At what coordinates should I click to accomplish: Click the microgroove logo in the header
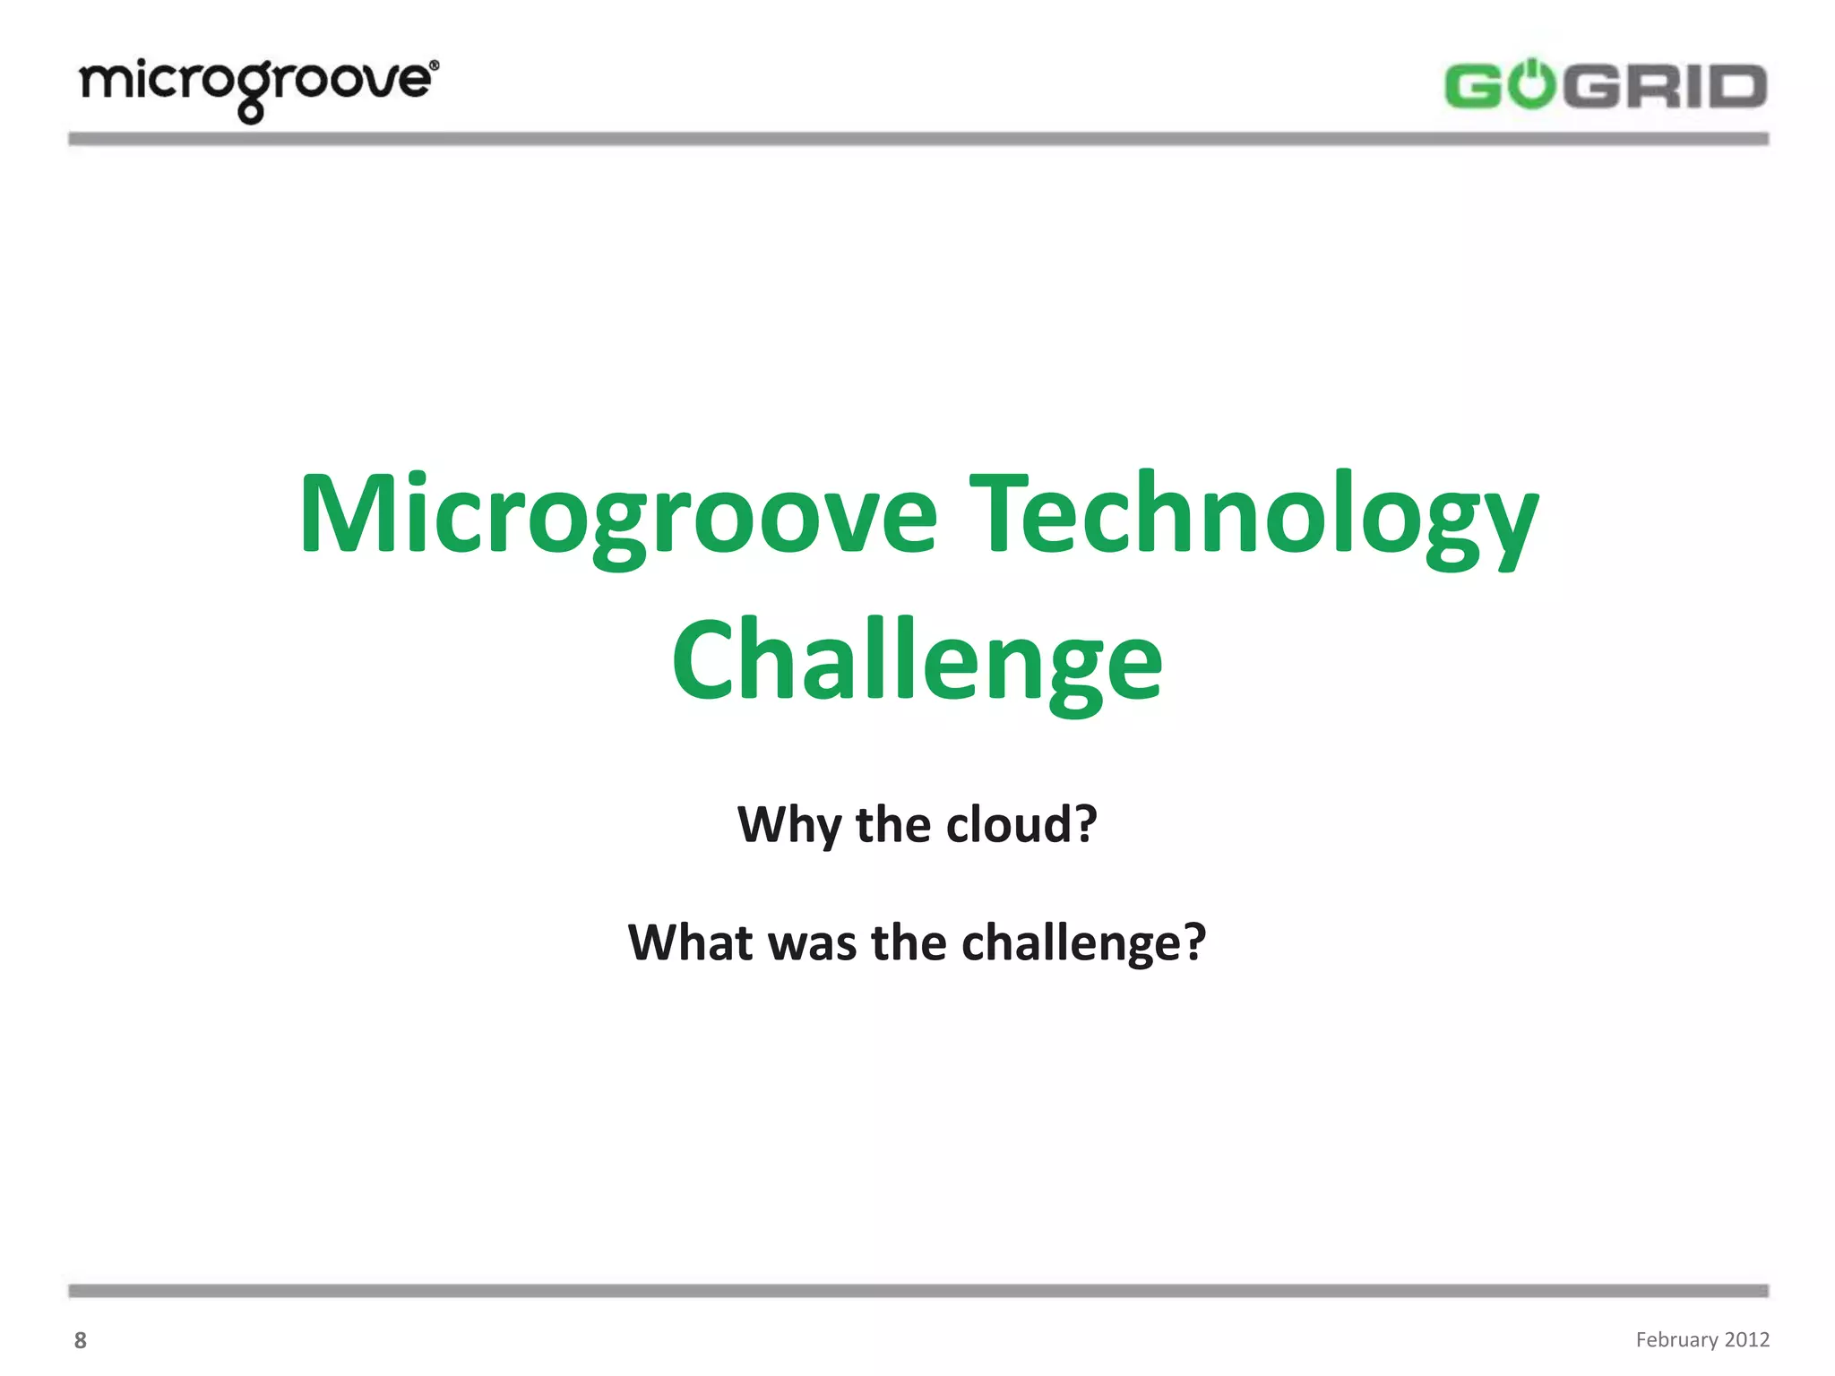(x=258, y=88)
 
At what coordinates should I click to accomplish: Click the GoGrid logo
(x=1604, y=87)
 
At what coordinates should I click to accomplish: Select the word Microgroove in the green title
(x=618, y=515)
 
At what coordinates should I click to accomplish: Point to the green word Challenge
(x=917, y=663)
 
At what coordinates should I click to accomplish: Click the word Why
(x=788, y=824)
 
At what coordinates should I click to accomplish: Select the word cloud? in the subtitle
(x=1021, y=824)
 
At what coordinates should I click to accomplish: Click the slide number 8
(x=81, y=1340)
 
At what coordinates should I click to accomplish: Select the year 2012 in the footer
(x=1747, y=1339)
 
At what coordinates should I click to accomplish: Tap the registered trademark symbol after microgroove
(x=435, y=65)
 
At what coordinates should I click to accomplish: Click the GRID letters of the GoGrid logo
(x=1669, y=87)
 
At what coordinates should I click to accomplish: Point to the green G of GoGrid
(x=1471, y=87)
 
